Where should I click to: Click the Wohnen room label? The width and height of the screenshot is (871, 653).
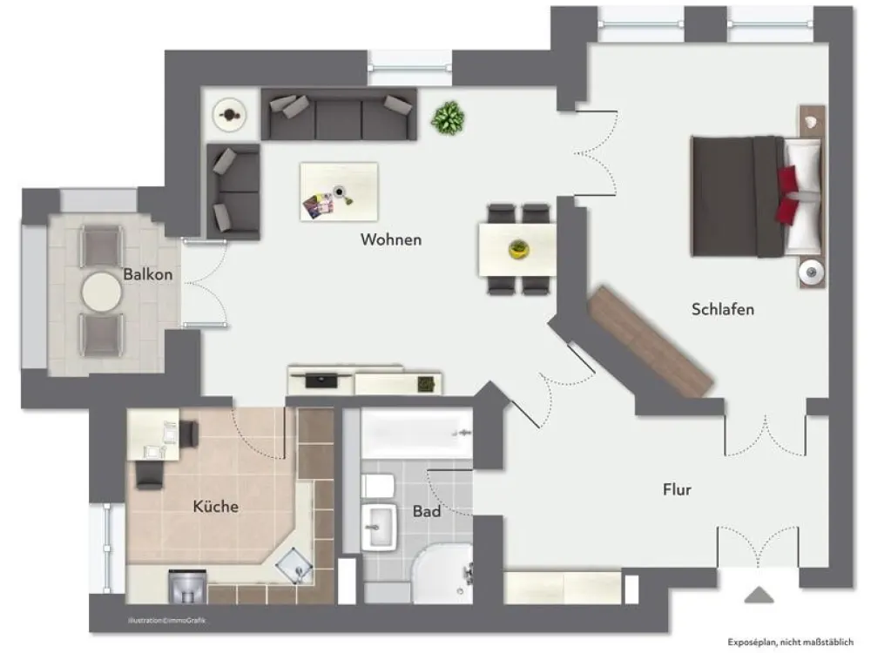[x=391, y=240]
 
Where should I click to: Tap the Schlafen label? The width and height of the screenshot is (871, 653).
[x=723, y=309]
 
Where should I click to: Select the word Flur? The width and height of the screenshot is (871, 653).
[x=677, y=489]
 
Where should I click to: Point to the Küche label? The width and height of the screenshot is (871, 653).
[x=215, y=507]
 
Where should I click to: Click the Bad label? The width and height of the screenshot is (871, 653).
[x=427, y=511]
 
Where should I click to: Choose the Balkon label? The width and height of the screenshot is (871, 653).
[x=148, y=274]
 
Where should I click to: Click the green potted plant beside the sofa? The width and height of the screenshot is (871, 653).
[x=448, y=118]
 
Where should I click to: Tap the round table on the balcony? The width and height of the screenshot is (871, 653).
[x=102, y=292]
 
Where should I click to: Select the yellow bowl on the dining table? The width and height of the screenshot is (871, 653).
[x=519, y=249]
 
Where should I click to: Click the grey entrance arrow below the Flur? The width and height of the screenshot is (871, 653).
[x=759, y=596]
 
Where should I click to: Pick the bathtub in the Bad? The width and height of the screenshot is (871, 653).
[x=416, y=434]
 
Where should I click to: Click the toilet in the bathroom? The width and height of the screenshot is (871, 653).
[x=378, y=487]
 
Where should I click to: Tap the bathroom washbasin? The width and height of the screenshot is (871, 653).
[x=380, y=527]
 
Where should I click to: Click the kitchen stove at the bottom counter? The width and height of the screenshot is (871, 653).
[x=187, y=586]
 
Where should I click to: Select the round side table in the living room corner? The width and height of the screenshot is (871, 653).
[x=229, y=115]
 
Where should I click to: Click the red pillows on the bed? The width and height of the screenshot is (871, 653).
[x=787, y=195]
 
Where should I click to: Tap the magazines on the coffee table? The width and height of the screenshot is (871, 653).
[x=318, y=206]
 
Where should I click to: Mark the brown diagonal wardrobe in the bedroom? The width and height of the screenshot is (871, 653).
[x=651, y=341]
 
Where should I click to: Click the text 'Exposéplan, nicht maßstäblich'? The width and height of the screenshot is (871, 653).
[x=791, y=643]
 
